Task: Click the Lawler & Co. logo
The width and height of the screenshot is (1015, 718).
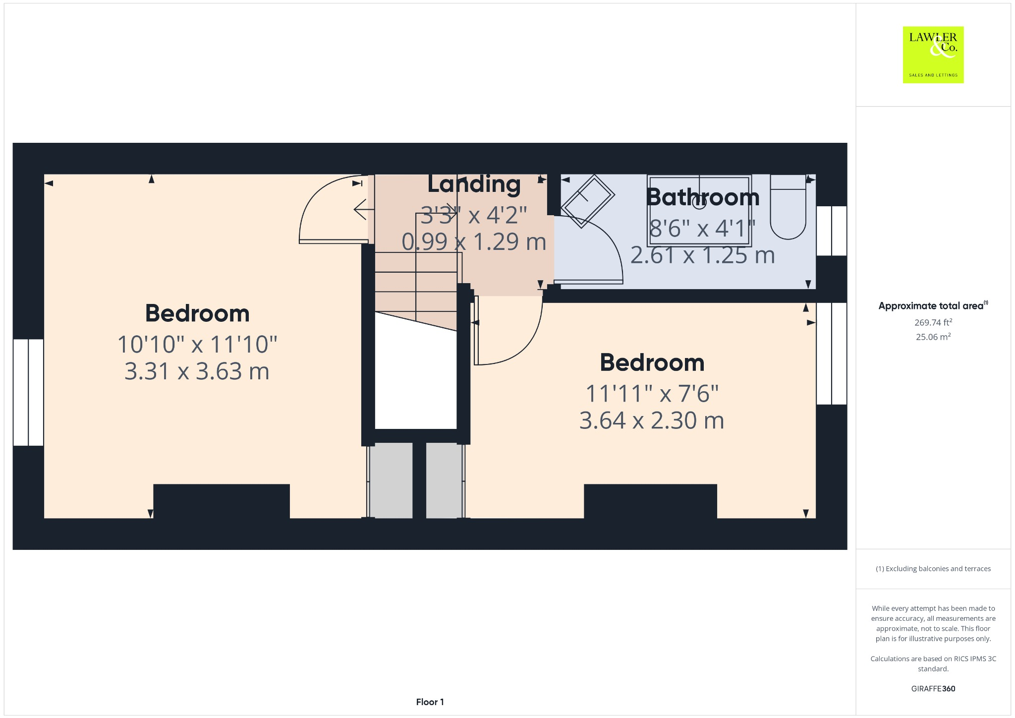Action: (x=933, y=55)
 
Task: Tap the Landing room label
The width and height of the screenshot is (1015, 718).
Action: (x=474, y=184)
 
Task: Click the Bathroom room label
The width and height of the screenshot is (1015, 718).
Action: (x=702, y=197)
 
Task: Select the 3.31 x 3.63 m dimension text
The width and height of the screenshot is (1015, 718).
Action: (x=197, y=371)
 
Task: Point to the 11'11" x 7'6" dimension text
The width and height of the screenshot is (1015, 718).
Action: (x=652, y=394)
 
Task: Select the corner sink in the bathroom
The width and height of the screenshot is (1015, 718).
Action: (x=588, y=200)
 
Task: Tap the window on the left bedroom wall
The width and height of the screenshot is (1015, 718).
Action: (x=28, y=392)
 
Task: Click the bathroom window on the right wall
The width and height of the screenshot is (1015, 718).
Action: (x=831, y=231)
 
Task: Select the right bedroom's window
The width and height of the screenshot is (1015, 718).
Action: (x=831, y=353)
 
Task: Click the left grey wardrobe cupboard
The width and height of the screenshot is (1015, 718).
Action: (x=391, y=480)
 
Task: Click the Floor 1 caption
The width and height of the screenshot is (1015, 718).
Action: (x=430, y=702)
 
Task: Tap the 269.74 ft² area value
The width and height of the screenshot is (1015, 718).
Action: (x=933, y=322)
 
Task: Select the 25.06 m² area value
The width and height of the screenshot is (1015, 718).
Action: (x=933, y=337)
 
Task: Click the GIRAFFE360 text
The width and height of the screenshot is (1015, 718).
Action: (x=933, y=689)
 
